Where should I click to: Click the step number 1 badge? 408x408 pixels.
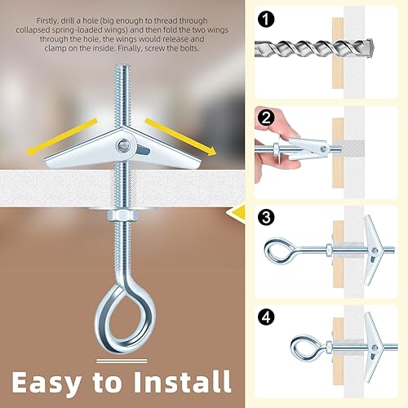(x=266, y=20)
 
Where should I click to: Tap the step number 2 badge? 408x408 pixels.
(x=266, y=118)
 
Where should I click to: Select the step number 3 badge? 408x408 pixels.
(x=266, y=217)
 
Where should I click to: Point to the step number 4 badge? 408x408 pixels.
(x=266, y=317)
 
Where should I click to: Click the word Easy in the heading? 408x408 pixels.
(x=47, y=383)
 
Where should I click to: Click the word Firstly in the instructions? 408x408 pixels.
(x=47, y=21)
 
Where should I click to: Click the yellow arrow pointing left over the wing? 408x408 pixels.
(x=62, y=136)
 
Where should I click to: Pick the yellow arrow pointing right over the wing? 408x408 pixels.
(x=181, y=136)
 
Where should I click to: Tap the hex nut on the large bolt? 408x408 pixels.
(x=123, y=215)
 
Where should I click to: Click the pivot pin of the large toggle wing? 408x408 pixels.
(x=122, y=145)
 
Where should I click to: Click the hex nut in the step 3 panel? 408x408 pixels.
(x=329, y=250)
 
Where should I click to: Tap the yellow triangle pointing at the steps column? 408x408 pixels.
(x=237, y=212)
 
